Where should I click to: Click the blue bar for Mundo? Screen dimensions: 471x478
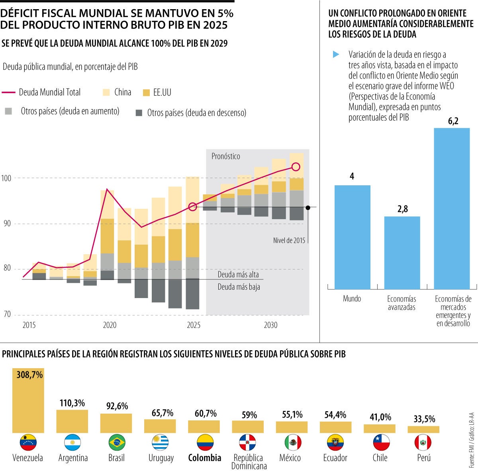[x=352, y=237]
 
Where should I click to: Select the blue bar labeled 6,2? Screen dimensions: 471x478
[x=452, y=208]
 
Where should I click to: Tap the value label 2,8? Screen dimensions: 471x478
[x=402, y=209]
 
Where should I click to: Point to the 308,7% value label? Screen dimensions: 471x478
[x=29, y=375]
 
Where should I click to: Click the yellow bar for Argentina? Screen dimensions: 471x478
[x=72, y=421]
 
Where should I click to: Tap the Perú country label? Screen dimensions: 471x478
[x=424, y=458]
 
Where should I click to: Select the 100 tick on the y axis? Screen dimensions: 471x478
[x=6, y=178]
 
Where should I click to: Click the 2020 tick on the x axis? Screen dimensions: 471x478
[x=110, y=325]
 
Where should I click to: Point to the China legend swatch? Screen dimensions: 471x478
[x=106, y=92]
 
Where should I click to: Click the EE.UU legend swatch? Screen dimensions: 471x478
[x=146, y=92]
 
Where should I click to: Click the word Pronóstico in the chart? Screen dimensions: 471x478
[x=225, y=156]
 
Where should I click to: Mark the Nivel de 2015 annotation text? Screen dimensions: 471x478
[x=289, y=240]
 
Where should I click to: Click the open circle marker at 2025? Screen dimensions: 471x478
[x=192, y=206]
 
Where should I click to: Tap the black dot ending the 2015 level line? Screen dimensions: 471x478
[x=308, y=207]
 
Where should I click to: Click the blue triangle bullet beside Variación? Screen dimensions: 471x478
[x=336, y=55]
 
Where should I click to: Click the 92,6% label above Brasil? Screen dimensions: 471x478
[x=117, y=406]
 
